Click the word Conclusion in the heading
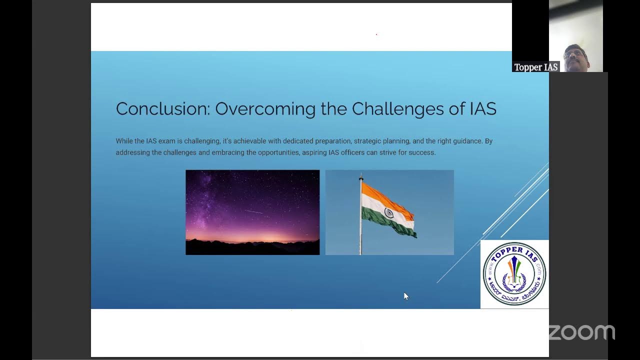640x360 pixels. pyautogui.click(x=162, y=109)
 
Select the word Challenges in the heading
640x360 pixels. pyautogui.click(x=398, y=109)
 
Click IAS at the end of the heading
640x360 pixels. pyautogui.click(x=482, y=109)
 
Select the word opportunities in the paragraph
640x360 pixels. pyautogui.click(x=273, y=152)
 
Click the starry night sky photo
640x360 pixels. pyautogui.click(x=252, y=200)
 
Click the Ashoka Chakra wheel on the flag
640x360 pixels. pyautogui.click(x=388, y=213)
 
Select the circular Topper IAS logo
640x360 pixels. pyautogui.click(x=514, y=274)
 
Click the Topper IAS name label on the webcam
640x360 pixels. pyautogui.click(x=535, y=67)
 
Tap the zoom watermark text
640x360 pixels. pyautogui.click(x=581, y=332)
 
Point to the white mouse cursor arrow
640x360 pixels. pyautogui.click(x=405, y=296)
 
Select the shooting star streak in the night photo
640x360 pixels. pyautogui.click(x=254, y=211)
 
